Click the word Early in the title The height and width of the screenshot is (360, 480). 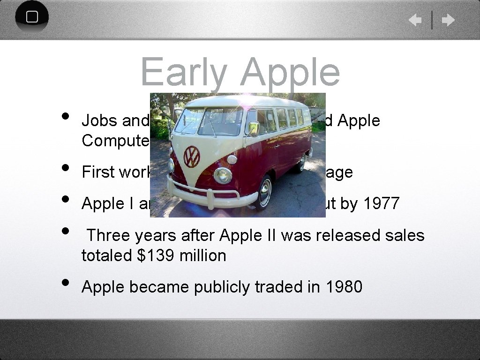(x=183, y=73)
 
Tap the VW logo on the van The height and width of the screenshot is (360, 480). (x=191, y=156)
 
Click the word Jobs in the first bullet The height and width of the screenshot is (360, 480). (x=99, y=120)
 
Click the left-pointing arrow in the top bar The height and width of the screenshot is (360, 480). (x=415, y=20)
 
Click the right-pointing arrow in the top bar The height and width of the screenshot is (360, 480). (x=448, y=20)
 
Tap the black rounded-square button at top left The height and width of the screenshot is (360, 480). (x=32, y=17)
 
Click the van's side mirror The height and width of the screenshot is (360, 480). (x=254, y=128)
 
